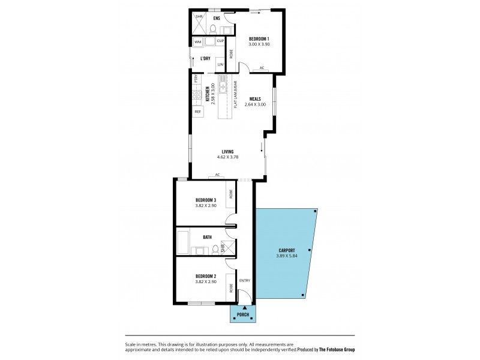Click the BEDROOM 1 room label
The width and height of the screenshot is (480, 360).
[x=259, y=39]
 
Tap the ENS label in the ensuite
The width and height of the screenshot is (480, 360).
[x=217, y=17]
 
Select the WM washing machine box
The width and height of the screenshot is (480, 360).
[x=197, y=41]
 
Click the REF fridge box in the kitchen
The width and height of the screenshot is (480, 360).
[x=197, y=112]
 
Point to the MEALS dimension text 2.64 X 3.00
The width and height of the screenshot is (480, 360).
[x=255, y=104]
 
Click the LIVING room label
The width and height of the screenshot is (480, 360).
[x=227, y=151]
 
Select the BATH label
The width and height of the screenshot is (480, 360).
[x=207, y=237]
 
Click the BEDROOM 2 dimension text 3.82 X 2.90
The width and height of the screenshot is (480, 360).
[x=205, y=281]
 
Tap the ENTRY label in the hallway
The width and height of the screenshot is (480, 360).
[x=244, y=281]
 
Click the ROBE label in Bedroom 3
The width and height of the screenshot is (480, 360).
[x=230, y=194]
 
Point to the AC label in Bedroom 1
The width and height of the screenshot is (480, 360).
[x=262, y=68]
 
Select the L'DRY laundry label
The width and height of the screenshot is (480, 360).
[x=205, y=58]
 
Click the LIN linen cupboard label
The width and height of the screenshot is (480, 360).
[x=220, y=64]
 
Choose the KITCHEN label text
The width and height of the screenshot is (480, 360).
[x=207, y=96]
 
